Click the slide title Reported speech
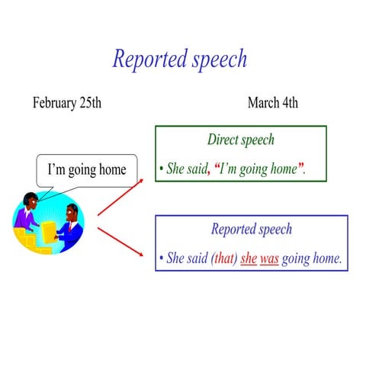tap(179, 59)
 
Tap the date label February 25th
tap(66, 103)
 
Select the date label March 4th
tap(272, 103)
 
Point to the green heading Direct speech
tap(240, 140)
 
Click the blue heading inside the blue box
tap(251, 229)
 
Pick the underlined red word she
tap(249, 259)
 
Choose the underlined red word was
tap(268, 259)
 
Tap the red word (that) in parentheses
tap(223, 259)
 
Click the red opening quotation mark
tap(217, 167)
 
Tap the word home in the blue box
tap(327, 259)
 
